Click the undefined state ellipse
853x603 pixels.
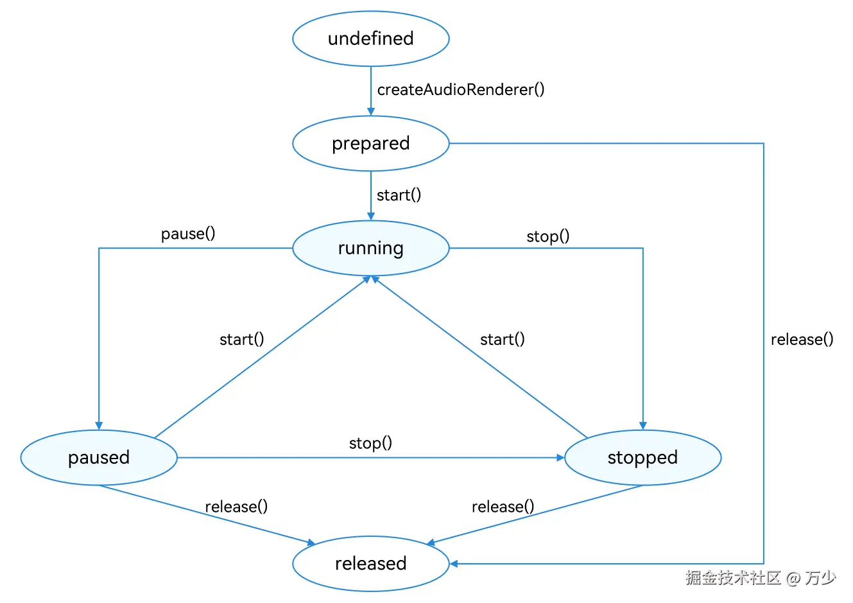tap(370, 39)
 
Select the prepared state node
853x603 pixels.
tap(370, 143)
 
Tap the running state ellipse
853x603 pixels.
tap(370, 248)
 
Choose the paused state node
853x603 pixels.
tap(99, 457)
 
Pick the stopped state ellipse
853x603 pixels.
tap(642, 457)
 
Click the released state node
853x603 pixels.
tap(370, 563)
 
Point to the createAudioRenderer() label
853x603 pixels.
tap(460, 90)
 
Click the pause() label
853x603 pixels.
tap(188, 234)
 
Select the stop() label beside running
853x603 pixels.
tap(547, 236)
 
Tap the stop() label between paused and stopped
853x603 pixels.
tap(370, 443)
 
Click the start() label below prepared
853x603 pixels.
tap(399, 195)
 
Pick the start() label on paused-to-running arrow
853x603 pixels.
tap(241, 339)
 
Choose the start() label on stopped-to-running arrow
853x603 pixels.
tap(502, 339)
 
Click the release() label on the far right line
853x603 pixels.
tap(802, 339)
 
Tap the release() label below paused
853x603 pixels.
tap(236, 507)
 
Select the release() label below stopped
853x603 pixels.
tap(503, 507)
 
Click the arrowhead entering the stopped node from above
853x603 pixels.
tap(642, 426)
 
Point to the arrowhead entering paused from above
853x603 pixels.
tap(99, 426)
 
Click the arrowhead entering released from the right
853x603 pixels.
tap(453, 564)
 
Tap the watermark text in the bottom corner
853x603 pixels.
tap(761, 578)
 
